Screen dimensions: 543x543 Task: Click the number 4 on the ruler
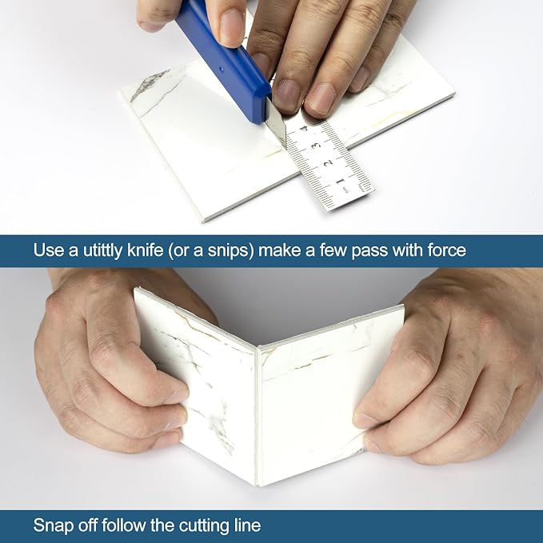click(x=304, y=129)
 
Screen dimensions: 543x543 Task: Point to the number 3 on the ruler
click(x=315, y=145)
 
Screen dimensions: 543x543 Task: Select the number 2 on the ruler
click(x=329, y=162)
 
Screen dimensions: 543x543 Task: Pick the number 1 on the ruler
click(x=341, y=181)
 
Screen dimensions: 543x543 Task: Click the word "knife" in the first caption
click(x=145, y=250)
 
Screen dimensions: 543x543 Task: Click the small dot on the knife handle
click(x=221, y=69)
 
